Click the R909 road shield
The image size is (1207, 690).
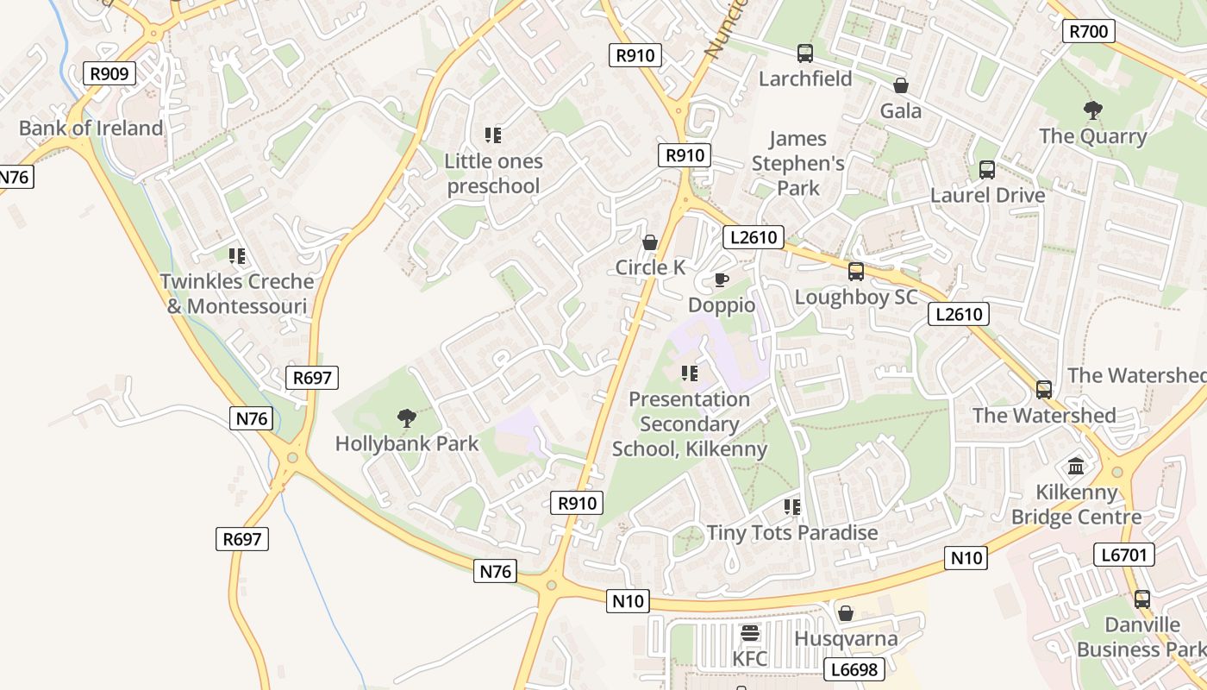coord(109,73)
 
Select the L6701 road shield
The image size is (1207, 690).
coord(1125,555)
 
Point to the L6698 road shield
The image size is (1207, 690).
coord(854,669)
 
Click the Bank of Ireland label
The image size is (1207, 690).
coord(91,129)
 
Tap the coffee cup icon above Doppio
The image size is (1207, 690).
coord(721,279)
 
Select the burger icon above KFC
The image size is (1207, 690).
coord(750,634)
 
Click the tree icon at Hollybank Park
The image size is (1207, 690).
coord(406,419)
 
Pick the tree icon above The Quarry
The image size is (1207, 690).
coord(1092,110)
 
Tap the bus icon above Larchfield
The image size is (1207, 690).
coord(805,53)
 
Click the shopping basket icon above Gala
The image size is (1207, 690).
coord(901,85)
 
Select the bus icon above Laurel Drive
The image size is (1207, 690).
coord(987,170)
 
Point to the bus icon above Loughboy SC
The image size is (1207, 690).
coord(856,272)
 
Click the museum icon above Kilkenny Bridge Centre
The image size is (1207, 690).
coord(1076,467)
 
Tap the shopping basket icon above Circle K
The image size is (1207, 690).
coord(650,242)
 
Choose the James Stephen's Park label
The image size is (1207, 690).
coord(797,163)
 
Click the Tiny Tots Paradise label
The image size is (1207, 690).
coord(792,533)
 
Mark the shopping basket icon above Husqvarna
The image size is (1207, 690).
coord(846,613)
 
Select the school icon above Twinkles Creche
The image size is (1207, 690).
coord(237,256)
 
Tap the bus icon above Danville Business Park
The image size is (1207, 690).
coord(1142,599)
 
